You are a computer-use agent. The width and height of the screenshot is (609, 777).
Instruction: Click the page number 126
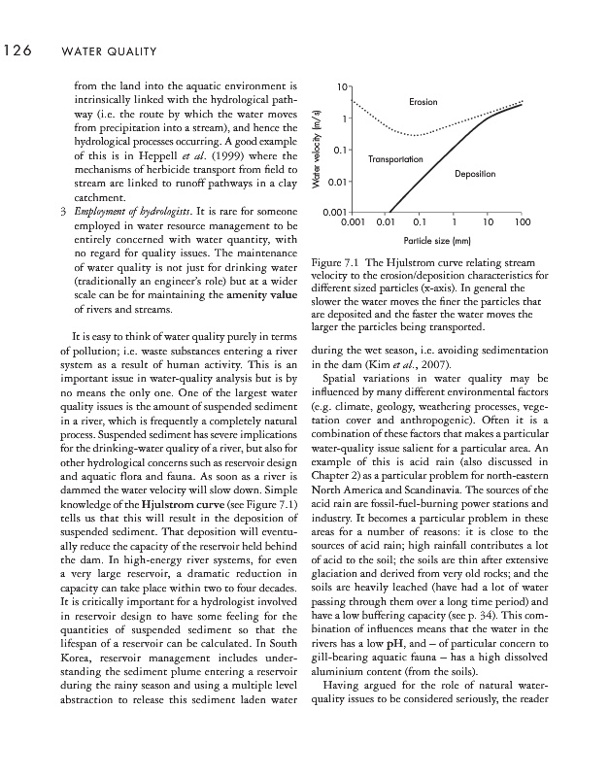click(x=18, y=50)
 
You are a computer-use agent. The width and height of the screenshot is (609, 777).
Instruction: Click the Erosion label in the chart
click(x=423, y=102)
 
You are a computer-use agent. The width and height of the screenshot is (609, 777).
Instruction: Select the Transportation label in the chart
click(x=396, y=158)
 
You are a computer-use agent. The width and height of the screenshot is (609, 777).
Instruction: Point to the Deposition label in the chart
click(x=475, y=174)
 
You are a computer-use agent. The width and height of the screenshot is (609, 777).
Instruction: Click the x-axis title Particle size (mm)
click(x=437, y=240)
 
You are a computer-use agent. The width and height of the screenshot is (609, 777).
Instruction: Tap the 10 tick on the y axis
click(x=336, y=87)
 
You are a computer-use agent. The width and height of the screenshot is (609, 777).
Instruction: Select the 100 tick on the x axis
click(x=523, y=222)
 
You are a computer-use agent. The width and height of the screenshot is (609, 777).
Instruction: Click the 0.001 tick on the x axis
click(x=352, y=222)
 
